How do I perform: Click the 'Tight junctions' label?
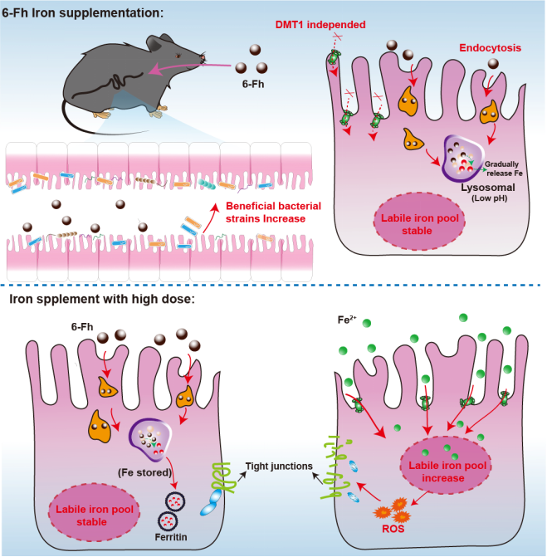pos(277,467)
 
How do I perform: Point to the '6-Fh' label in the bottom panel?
pos(82,326)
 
